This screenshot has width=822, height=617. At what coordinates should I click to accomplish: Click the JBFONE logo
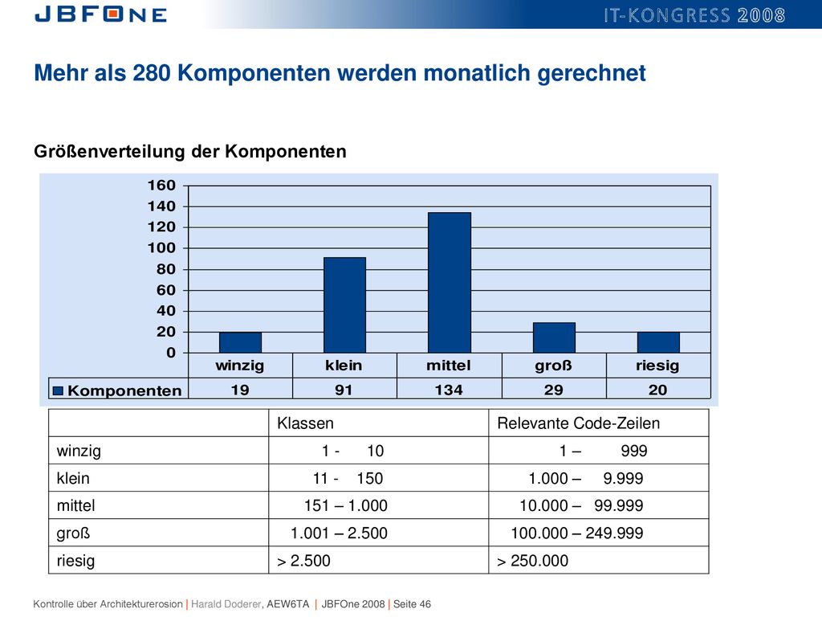100,14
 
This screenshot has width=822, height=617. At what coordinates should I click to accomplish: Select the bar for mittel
450,282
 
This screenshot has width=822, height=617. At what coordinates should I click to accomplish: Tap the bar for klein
344,304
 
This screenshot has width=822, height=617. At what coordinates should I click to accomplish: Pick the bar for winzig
240,342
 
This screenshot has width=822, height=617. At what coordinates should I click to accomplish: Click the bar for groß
554,337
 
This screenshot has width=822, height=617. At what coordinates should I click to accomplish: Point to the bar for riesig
658,342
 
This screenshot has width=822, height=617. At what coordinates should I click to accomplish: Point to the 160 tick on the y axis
161,186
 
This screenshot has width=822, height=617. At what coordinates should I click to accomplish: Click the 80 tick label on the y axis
165,269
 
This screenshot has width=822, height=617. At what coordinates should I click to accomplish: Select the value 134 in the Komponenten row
449,390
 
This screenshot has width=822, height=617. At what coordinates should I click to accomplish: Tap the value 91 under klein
344,390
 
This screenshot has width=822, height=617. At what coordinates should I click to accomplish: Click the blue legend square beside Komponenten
58,390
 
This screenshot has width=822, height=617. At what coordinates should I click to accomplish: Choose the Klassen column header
305,423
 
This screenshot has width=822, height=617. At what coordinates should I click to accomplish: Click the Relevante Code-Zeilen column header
578,423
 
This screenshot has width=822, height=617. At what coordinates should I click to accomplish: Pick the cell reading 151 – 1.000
345,505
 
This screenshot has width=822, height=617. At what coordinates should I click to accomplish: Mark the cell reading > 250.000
532,560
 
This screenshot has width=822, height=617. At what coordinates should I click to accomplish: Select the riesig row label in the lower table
75,561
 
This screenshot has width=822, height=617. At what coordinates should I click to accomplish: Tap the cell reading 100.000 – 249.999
576,533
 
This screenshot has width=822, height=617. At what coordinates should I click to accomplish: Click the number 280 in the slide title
152,73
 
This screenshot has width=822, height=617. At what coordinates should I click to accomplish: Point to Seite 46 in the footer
412,604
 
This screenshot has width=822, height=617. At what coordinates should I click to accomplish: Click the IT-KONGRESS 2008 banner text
694,15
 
